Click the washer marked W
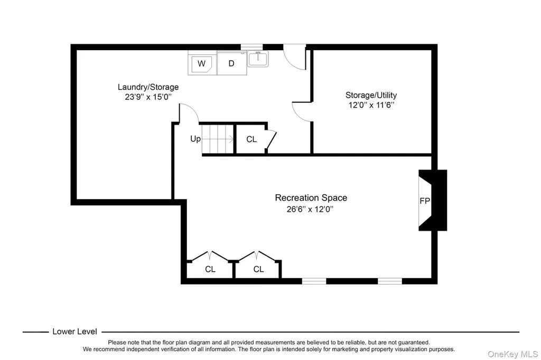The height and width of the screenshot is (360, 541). coord(202,63)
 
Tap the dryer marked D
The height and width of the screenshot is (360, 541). coord(231,63)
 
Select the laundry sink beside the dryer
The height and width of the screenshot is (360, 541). coord(258,59)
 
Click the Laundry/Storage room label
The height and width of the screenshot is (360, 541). coord(148,87)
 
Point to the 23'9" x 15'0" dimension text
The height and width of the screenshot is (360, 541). coord(148,97)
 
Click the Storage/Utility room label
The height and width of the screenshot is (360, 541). coord(371,95)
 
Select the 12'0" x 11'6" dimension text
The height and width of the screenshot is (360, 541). coord(371,105)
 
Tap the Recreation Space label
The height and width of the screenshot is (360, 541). coord(311,198)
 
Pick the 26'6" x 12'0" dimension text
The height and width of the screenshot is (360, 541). coord(310,210)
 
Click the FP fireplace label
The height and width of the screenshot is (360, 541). coord(425,201)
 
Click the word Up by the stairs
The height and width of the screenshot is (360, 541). coord(195,139)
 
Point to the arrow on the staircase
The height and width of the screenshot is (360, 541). coord(218,139)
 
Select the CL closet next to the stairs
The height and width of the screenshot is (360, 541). coord(251,139)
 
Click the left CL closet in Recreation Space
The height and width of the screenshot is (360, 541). coord(210,269)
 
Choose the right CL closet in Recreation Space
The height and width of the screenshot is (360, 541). coord(258,269)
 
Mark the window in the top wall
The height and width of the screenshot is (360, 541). coord(251,47)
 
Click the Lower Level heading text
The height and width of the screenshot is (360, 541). coord(74,331)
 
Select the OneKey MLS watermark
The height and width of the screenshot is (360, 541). coord(512,354)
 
